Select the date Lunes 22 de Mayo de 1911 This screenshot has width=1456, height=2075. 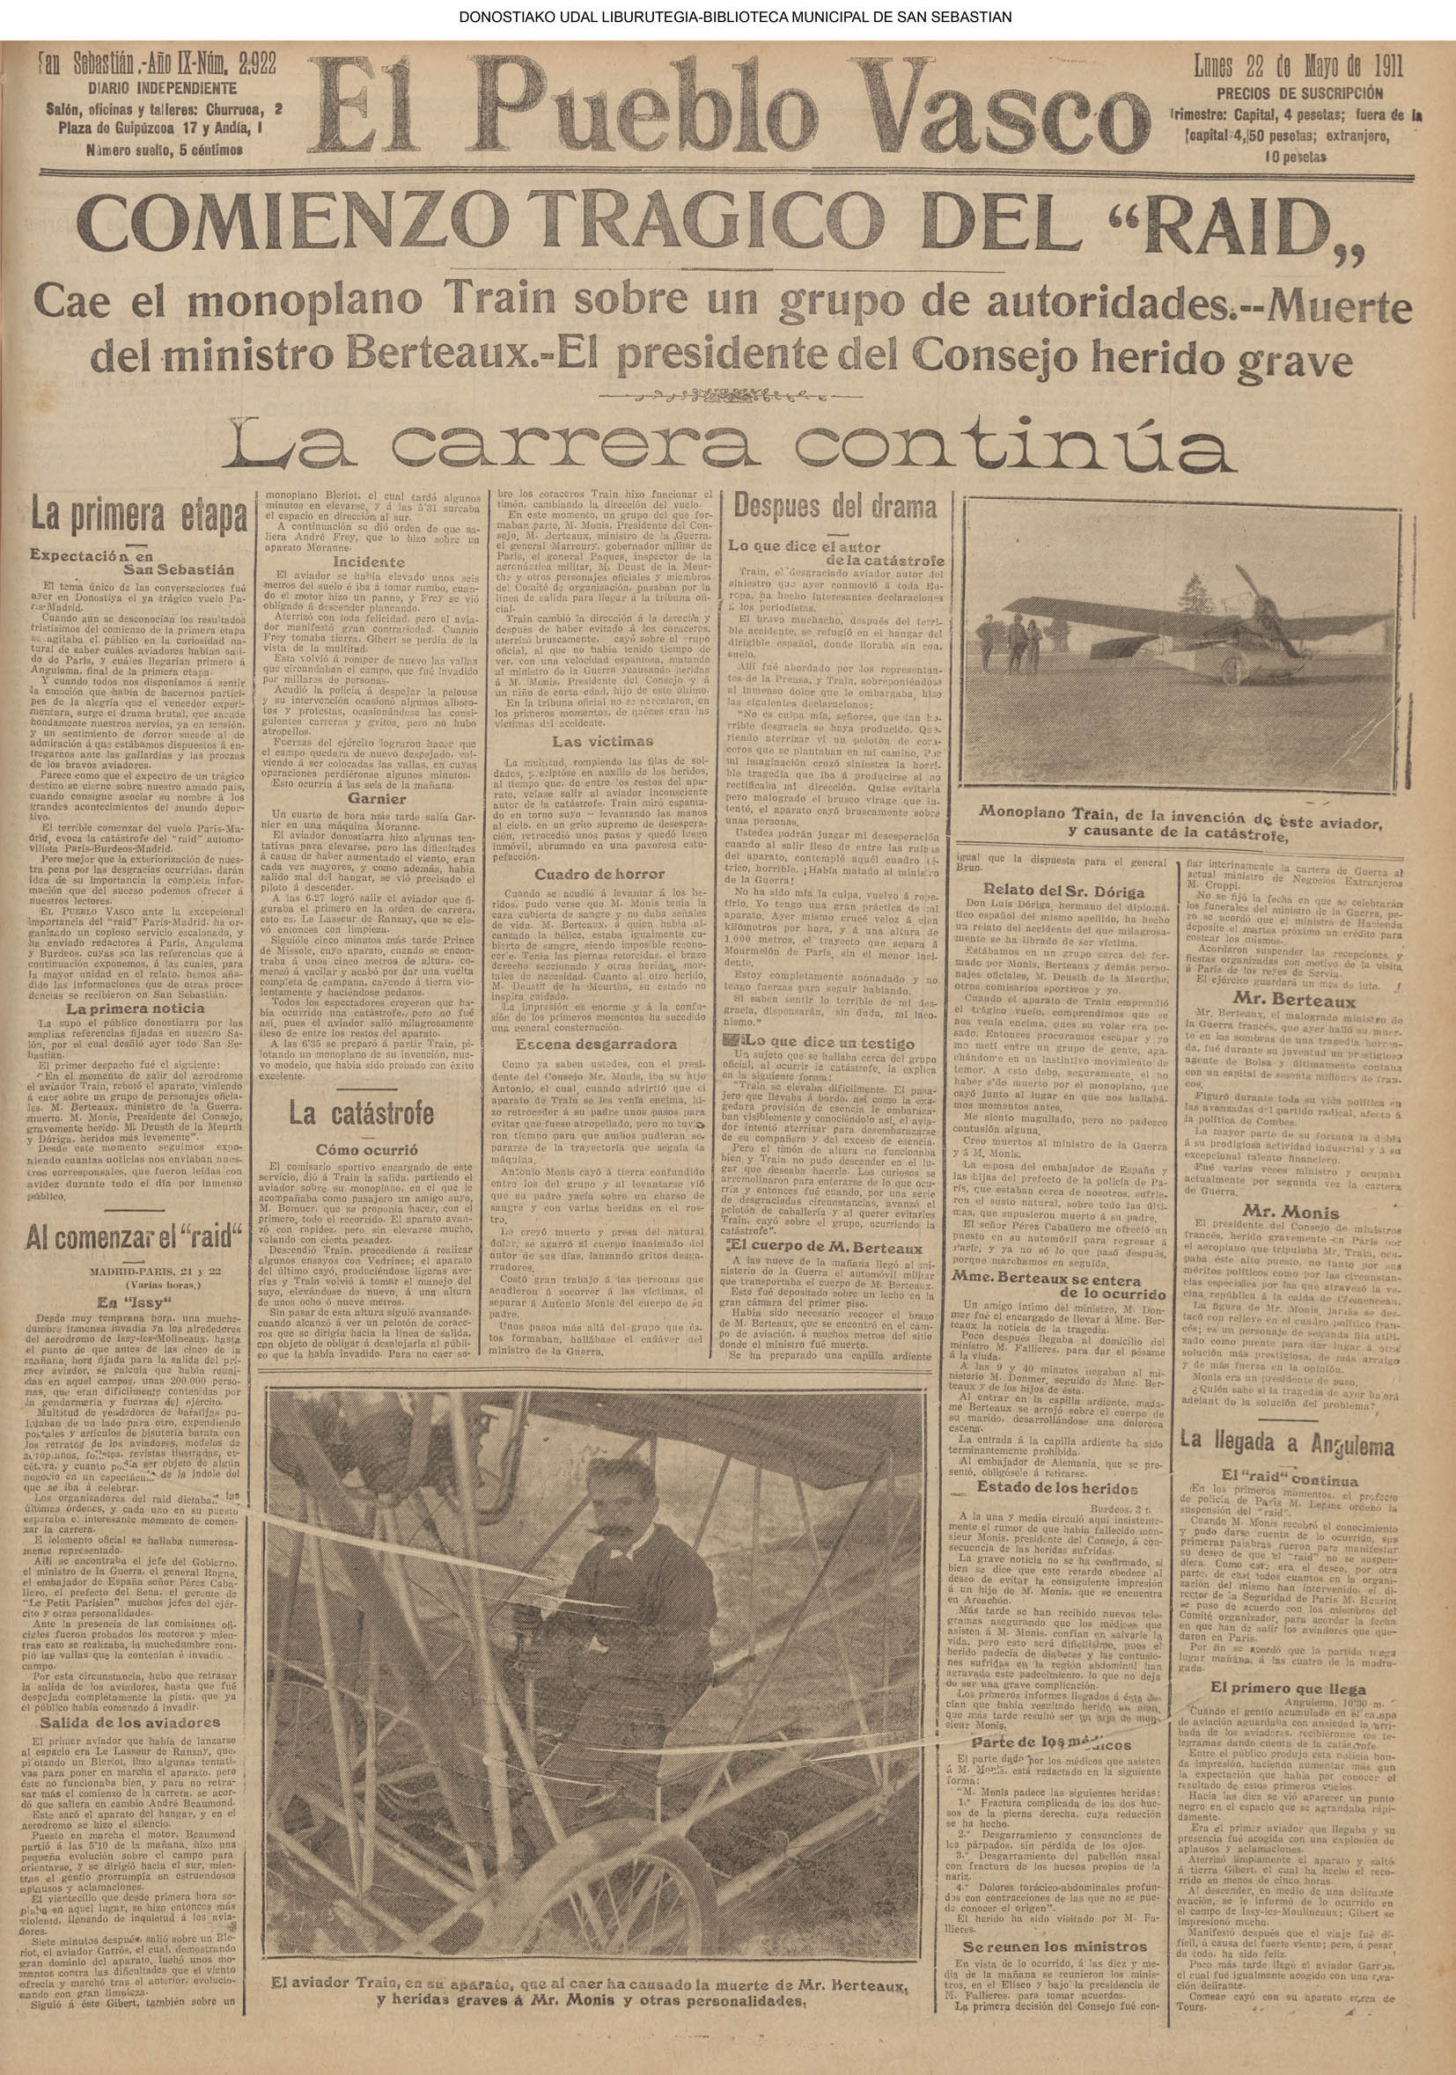pos(1297,68)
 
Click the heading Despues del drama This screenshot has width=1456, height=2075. pos(835,506)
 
